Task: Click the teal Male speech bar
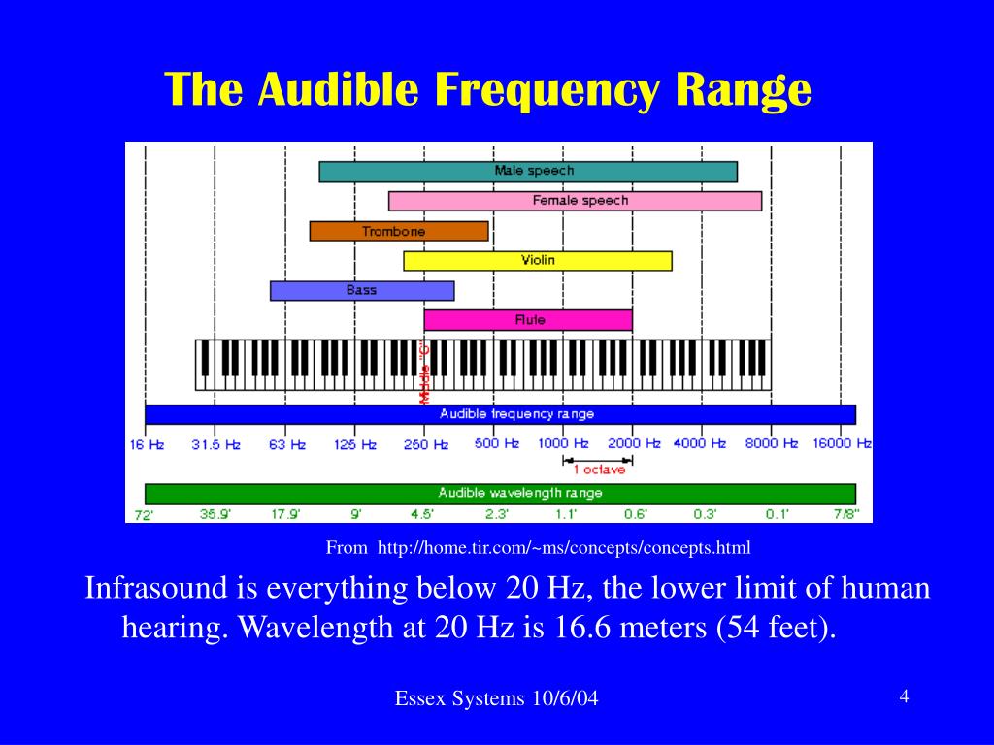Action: click(x=528, y=172)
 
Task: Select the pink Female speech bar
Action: click(x=575, y=201)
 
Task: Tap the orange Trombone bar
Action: click(x=399, y=231)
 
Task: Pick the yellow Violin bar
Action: click(x=538, y=260)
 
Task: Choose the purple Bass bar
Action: click(x=362, y=291)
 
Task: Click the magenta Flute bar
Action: click(x=528, y=320)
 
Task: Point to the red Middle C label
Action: click(x=425, y=372)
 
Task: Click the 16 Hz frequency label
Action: click(x=148, y=444)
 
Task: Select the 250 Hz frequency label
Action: click(x=426, y=444)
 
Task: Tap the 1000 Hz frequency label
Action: click(x=563, y=444)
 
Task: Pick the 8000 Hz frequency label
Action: click(x=772, y=444)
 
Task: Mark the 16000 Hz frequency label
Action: click(x=843, y=444)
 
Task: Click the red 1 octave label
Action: click(x=599, y=470)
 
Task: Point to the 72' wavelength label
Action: click(x=144, y=515)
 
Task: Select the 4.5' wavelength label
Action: click(x=422, y=514)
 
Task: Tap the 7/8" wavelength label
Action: click(x=846, y=514)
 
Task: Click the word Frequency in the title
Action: click(x=547, y=89)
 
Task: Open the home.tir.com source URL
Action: click(x=564, y=547)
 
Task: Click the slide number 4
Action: click(x=904, y=696)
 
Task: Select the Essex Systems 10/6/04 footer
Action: click(x=496, y=698)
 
